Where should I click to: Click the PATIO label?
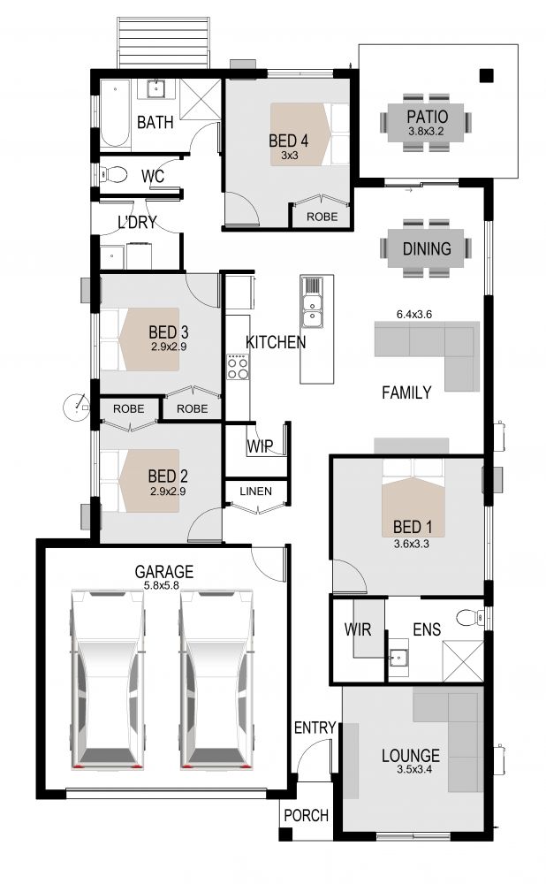427,117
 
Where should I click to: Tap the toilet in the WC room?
114,174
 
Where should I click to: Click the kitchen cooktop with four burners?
238,367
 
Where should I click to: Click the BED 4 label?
289,140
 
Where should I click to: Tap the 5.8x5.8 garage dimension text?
161,585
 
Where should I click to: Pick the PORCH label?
306,815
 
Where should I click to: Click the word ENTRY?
315,728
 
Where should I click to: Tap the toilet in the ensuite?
470,618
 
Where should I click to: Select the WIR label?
358,629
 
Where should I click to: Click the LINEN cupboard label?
256,491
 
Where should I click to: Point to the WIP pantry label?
260,446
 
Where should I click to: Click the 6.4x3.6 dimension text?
414,315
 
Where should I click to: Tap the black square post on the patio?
486,75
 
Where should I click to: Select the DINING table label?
427,248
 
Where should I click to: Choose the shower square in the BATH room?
201,99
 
